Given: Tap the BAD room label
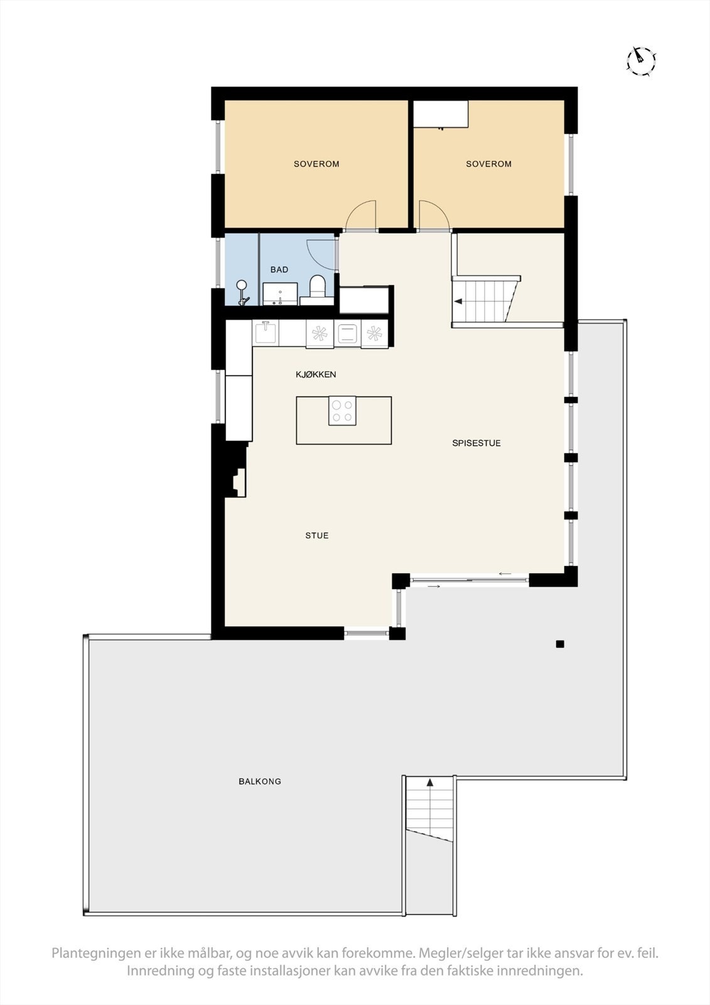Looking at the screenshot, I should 279,269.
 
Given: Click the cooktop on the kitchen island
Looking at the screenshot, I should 342,411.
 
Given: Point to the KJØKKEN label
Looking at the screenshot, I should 316,374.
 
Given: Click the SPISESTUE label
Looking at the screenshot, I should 476,443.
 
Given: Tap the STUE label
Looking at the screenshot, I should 316,536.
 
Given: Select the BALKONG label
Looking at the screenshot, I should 259,781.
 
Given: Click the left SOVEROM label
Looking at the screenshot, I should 316,164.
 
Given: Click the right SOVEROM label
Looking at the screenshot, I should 488,164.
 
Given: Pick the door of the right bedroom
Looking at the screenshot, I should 433,216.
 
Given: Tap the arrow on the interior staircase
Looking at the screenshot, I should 459,301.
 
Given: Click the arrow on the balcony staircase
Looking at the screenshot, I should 430,783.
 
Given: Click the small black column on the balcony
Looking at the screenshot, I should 560,644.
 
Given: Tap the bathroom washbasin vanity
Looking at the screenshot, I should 280,294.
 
